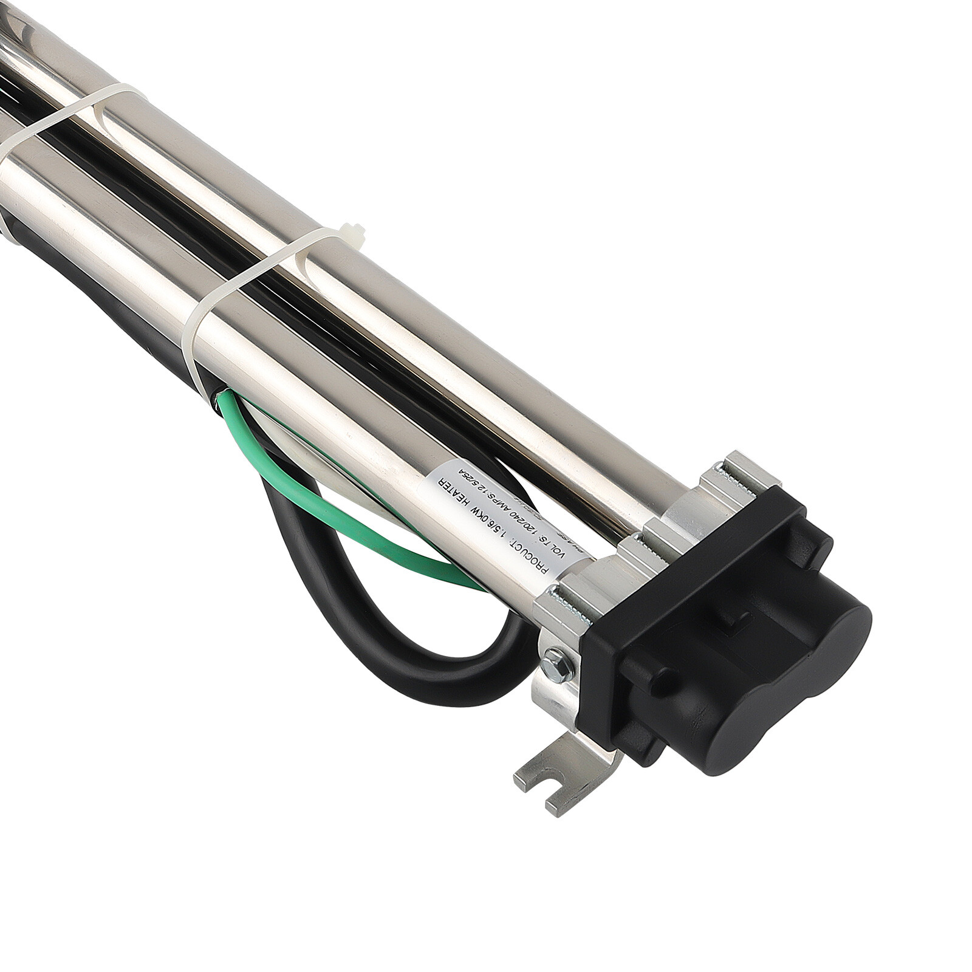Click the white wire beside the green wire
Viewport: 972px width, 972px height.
(292, 425)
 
